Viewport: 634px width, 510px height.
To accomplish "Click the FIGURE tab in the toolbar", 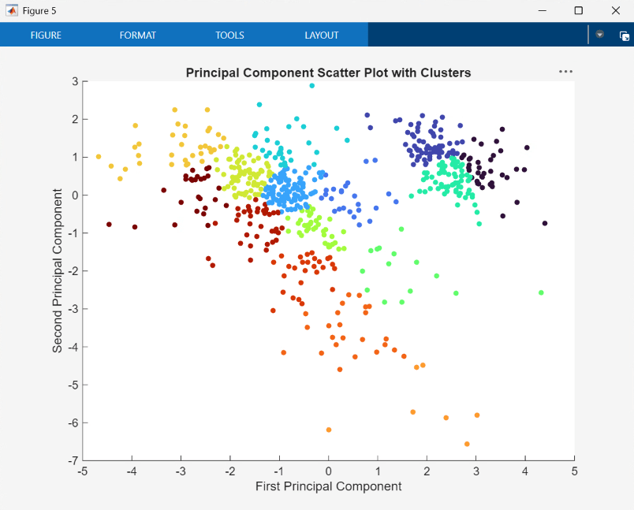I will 46,35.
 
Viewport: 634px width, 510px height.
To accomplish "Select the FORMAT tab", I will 138,35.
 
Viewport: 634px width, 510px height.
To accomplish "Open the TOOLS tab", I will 229,35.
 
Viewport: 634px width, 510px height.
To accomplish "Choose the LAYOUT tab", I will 322,35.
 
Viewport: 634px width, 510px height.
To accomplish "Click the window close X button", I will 616,10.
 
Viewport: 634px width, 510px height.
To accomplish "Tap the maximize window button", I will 579,10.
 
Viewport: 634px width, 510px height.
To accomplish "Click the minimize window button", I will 542,10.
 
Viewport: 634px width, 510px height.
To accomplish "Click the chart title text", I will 328,73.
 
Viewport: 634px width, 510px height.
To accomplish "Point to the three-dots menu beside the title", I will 565,72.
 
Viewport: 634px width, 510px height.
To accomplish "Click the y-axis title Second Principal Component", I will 58,270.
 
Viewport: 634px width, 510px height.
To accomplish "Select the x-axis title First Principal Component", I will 328,486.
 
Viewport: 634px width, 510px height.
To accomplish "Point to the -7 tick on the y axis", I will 73,460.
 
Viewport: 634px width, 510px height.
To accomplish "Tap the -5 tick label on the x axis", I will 83,471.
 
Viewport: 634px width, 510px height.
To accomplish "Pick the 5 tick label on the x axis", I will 574,471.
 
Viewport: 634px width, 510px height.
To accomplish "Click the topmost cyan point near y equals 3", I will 312,85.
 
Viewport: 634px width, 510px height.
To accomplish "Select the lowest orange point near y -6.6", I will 467,444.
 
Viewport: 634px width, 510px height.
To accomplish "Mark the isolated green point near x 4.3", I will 541,292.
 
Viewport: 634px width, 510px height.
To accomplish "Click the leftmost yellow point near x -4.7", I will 99,156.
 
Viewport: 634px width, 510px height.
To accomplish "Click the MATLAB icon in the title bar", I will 12,10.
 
